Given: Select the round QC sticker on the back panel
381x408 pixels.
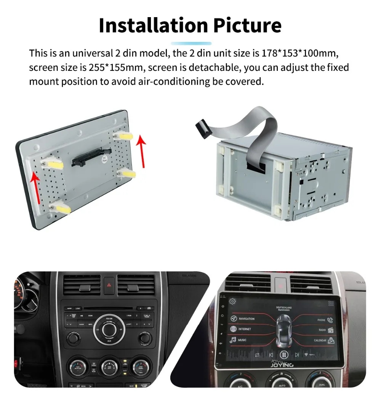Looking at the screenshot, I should click(105, 159).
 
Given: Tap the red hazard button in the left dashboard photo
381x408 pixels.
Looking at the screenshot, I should click(109, 285).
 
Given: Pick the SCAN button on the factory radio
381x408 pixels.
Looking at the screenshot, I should click(90, 315).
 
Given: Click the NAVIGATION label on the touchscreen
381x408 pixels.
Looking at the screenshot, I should click(247, 318).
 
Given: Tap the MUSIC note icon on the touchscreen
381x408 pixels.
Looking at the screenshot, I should click(232, 340).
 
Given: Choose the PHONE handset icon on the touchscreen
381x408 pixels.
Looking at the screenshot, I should click(330, 320).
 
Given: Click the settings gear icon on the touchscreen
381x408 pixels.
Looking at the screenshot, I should click(232, 302).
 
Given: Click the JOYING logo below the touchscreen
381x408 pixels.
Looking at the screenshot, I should click(282, 365).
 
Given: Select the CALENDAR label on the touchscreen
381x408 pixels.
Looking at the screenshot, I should click(320, 340).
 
